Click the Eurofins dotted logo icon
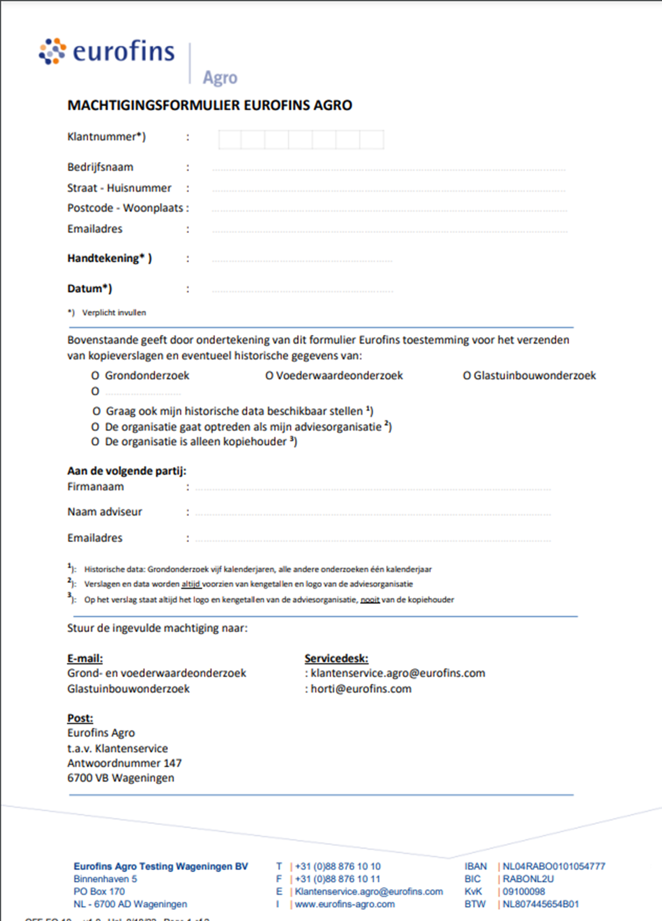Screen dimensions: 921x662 [53, 51]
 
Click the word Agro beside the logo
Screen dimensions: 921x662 [220, 78]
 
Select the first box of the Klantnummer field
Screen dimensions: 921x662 [230, 140]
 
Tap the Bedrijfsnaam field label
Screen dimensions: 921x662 [100, 167]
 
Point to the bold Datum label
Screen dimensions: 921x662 [90, 289]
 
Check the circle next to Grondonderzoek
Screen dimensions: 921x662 [95, 376]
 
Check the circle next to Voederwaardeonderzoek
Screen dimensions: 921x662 [269, 376]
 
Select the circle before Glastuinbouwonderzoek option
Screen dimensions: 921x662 [466, 376]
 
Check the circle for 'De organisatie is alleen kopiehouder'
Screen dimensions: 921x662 [95, 442]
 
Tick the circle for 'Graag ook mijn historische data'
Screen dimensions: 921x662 [96, 411]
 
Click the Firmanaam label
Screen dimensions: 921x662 [95, 487]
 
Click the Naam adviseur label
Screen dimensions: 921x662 [105, 512]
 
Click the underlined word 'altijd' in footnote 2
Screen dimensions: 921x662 [191, 584]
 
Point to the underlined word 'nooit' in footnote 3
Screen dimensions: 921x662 [370, 600]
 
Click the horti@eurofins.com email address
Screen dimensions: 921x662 [361, 689]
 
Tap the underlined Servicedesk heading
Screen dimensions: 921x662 [336, 658]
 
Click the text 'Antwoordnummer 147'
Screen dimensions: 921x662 [124, 763]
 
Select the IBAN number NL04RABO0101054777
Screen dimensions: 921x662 [554, 866]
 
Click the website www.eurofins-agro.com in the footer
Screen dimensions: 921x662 [345, 904]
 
